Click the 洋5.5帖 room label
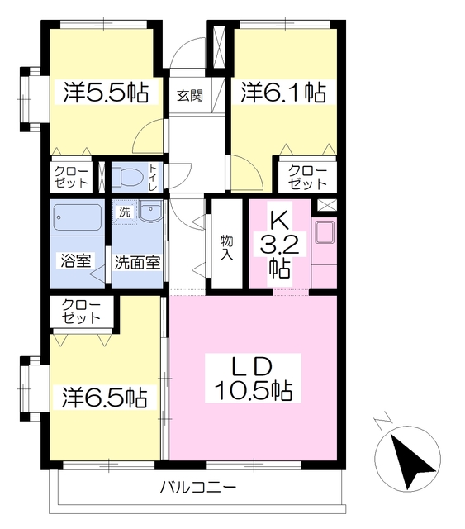coord(106,92)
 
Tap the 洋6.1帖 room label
coord(283,92)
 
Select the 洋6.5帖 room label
coord(104,398)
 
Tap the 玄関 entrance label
coord(190,96)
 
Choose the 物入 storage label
coord(226,248)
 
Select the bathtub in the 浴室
coord(77,217)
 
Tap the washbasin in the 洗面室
coord(150,212)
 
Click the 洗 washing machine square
coord(125,212)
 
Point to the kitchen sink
coord(325,231)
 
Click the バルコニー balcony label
coord(198,488)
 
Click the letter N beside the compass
coord(383,423)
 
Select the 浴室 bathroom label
coord(75,260)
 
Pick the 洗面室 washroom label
coord(137,263)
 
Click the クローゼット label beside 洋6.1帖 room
coord(307,177)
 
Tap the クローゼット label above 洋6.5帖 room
coord(81,311)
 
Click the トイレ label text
coord(154,178)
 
